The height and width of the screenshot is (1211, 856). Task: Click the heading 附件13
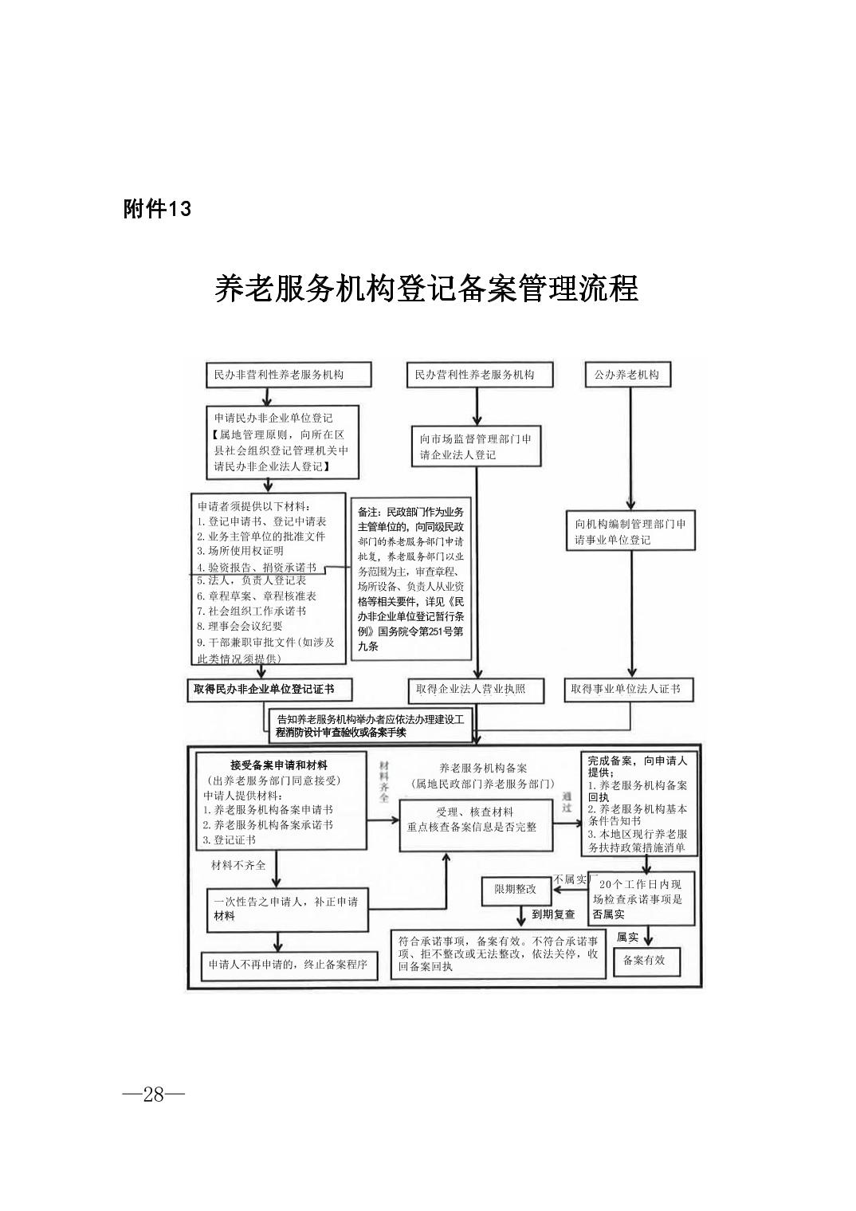pyautogui.click(x=158, y=209)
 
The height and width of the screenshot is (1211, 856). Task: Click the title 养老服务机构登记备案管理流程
pyautogui.click(x=426, y=288)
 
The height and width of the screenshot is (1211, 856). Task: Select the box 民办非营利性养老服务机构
pyautogui.click(x=278, y=375)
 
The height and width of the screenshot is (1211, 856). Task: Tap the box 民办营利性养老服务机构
pyautogui.click(x=476, y=375)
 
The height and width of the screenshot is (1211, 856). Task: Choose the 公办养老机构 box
pyautogui.click(x=627, y=375)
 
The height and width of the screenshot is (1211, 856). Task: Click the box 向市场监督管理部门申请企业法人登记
pyautogui.click(x=476, y=446)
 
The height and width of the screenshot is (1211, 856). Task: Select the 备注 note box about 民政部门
pyautogui.click(x=410, y=578)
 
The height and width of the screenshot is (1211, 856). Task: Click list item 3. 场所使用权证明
pyautogui.click(x=240, y=551)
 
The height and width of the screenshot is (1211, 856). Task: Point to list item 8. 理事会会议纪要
pyautogui.click(x=240, y=626)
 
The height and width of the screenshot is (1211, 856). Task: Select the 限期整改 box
pyautogui.click(x=515, y=890)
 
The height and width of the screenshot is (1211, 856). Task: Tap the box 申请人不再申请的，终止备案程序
pyautogui.click(x=287, y=964)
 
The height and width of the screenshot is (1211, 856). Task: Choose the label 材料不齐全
pyautogui.click(x=238, y=865)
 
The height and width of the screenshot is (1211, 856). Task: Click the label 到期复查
pyautogui.click(x=553, y=914)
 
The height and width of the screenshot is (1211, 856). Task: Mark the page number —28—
pyautogui.click(x=154, y=1095)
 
